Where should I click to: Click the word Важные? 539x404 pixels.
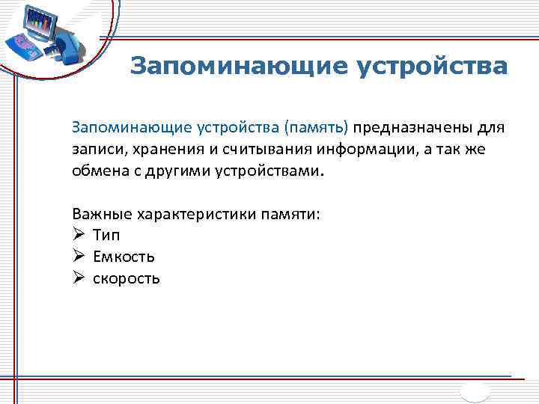[x=101, y=215]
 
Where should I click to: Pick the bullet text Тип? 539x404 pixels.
[x=107, y=236]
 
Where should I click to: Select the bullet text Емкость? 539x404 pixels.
[x=124, y=257]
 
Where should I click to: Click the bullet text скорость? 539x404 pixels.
[x=126, y=278]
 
